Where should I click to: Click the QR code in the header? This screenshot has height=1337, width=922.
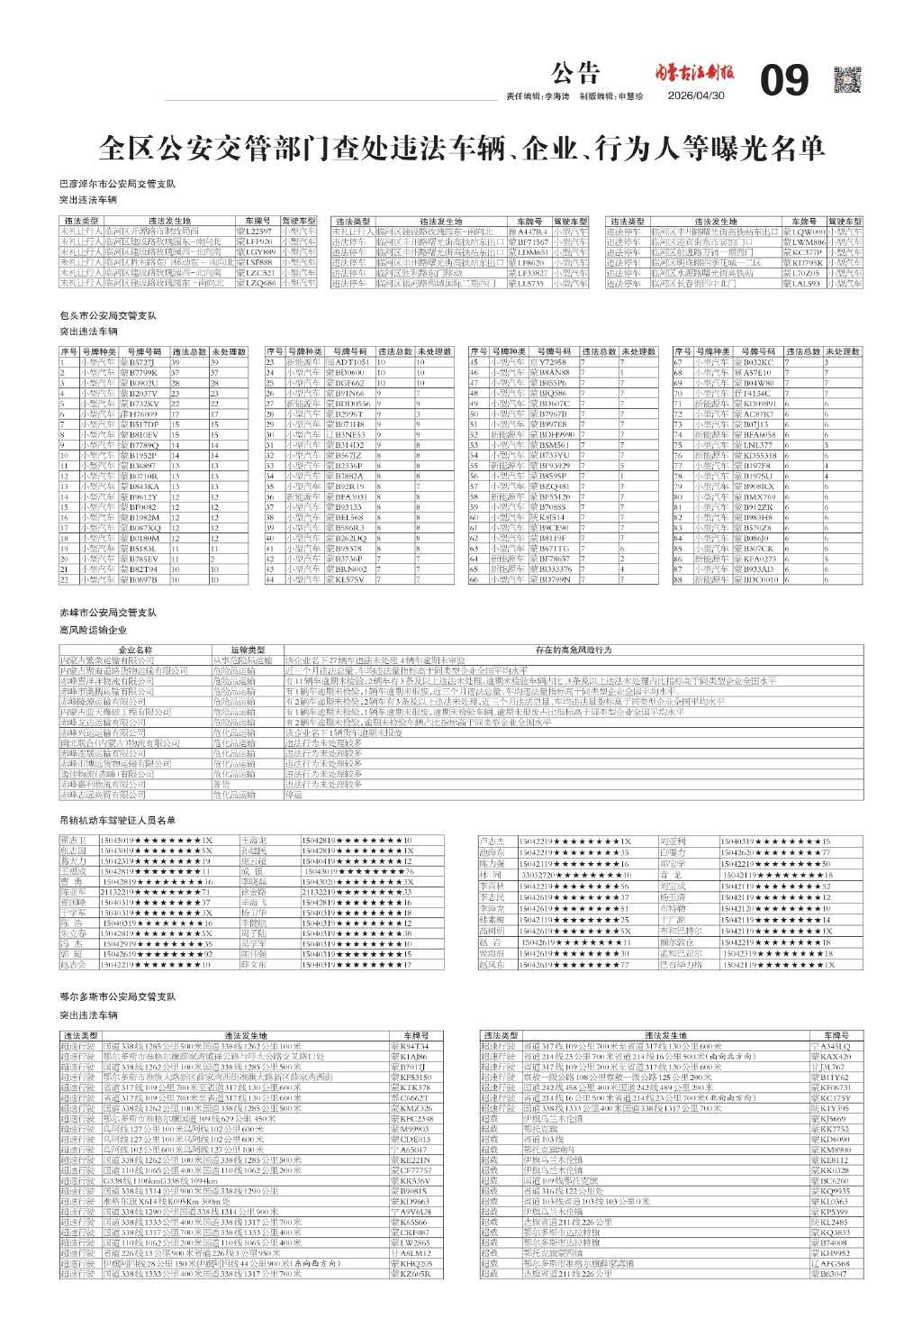847,79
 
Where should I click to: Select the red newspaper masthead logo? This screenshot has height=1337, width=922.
694,73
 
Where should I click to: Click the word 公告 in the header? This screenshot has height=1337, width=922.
575,73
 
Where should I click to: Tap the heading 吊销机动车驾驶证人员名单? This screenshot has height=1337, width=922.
117,820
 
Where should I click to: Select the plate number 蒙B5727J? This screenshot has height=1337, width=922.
138,362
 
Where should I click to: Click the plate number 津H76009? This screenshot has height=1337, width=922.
138,414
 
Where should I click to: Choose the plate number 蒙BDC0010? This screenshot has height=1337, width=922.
755,580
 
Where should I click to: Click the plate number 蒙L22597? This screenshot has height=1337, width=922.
253,232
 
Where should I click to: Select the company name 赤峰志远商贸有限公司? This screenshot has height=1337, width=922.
102,796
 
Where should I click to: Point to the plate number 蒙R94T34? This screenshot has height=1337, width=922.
409,1047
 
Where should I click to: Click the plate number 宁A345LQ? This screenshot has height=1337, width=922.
829,1047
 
